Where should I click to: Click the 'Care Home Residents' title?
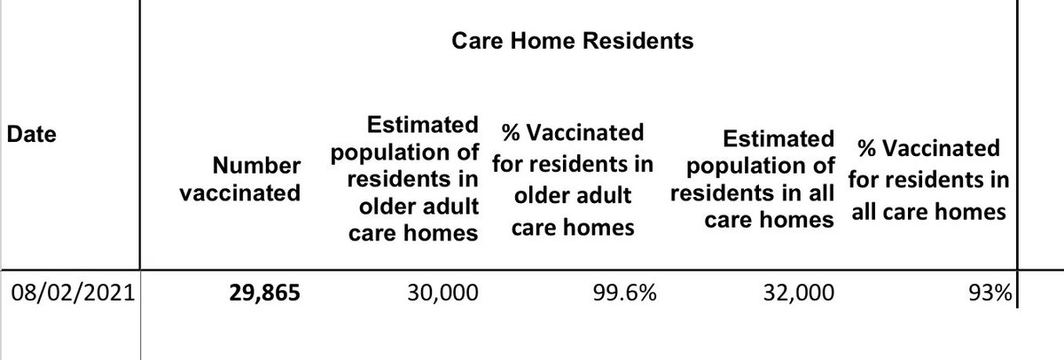572,42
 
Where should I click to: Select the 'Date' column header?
31,136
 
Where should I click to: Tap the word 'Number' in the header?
256,165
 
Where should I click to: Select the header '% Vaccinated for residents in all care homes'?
927,180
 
